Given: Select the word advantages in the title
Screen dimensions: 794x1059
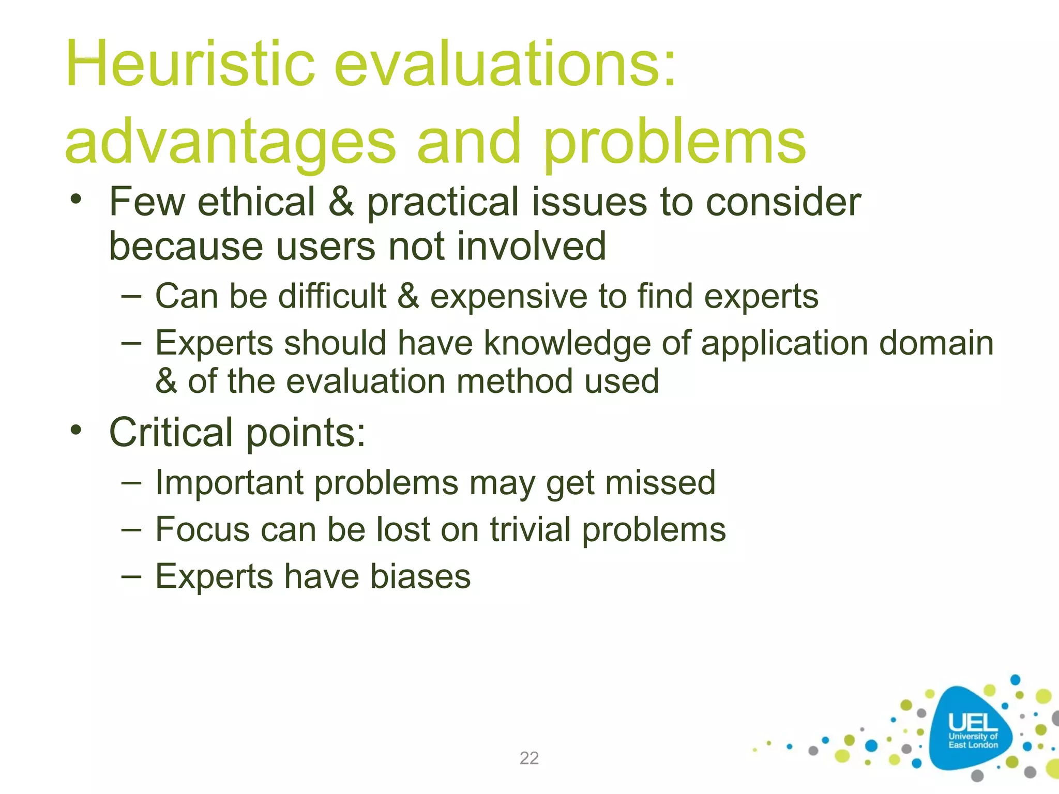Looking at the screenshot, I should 230,142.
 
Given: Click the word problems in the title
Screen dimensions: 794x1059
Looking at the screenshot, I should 674,142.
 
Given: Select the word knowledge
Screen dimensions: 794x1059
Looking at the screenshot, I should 567,343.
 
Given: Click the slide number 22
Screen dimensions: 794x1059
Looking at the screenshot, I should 529,758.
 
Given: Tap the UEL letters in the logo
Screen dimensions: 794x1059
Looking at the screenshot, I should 973,723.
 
